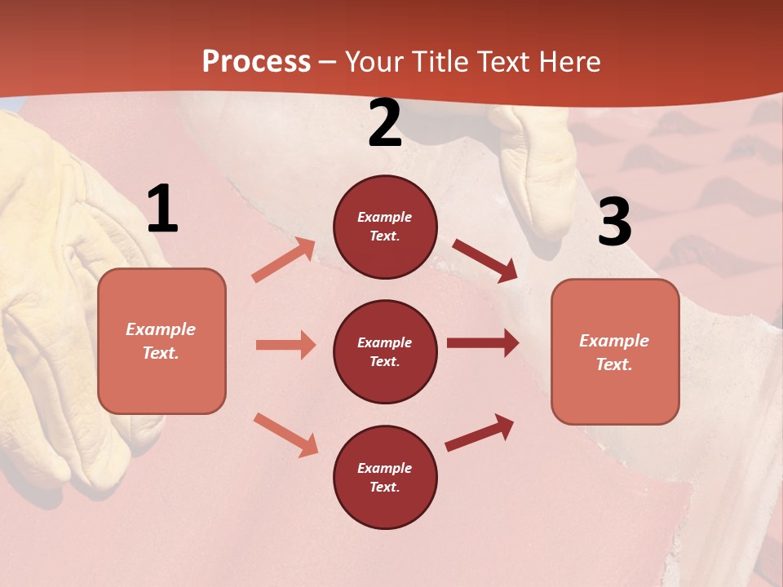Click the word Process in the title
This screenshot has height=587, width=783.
pyautogui.click(x=256, y=61)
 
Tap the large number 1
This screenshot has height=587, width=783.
pyautogui.click(x=161, y=210)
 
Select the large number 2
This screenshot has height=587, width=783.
pyautogui.click(x=385, y=124)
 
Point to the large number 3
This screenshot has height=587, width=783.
pyautogui.click(x=614, y=222)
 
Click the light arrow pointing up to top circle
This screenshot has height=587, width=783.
pyautogui.click(x=283, y=259)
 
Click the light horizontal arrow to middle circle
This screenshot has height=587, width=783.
pyautogui.click(x=285, y=345)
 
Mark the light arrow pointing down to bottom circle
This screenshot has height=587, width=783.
pyautogui.click(x=285, y=435)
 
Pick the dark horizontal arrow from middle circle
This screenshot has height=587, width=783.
pyautogui.click(x=483, y=343)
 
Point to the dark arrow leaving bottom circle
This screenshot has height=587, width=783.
pyautogui.click(x=480, y=432)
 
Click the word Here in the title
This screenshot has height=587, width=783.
pyautogui.click(x=571, y=61)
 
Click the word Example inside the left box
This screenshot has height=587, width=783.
pyautogui.click(x=161, y=329)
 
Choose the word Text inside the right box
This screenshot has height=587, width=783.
pyautogui.click(x=613, y=364)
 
